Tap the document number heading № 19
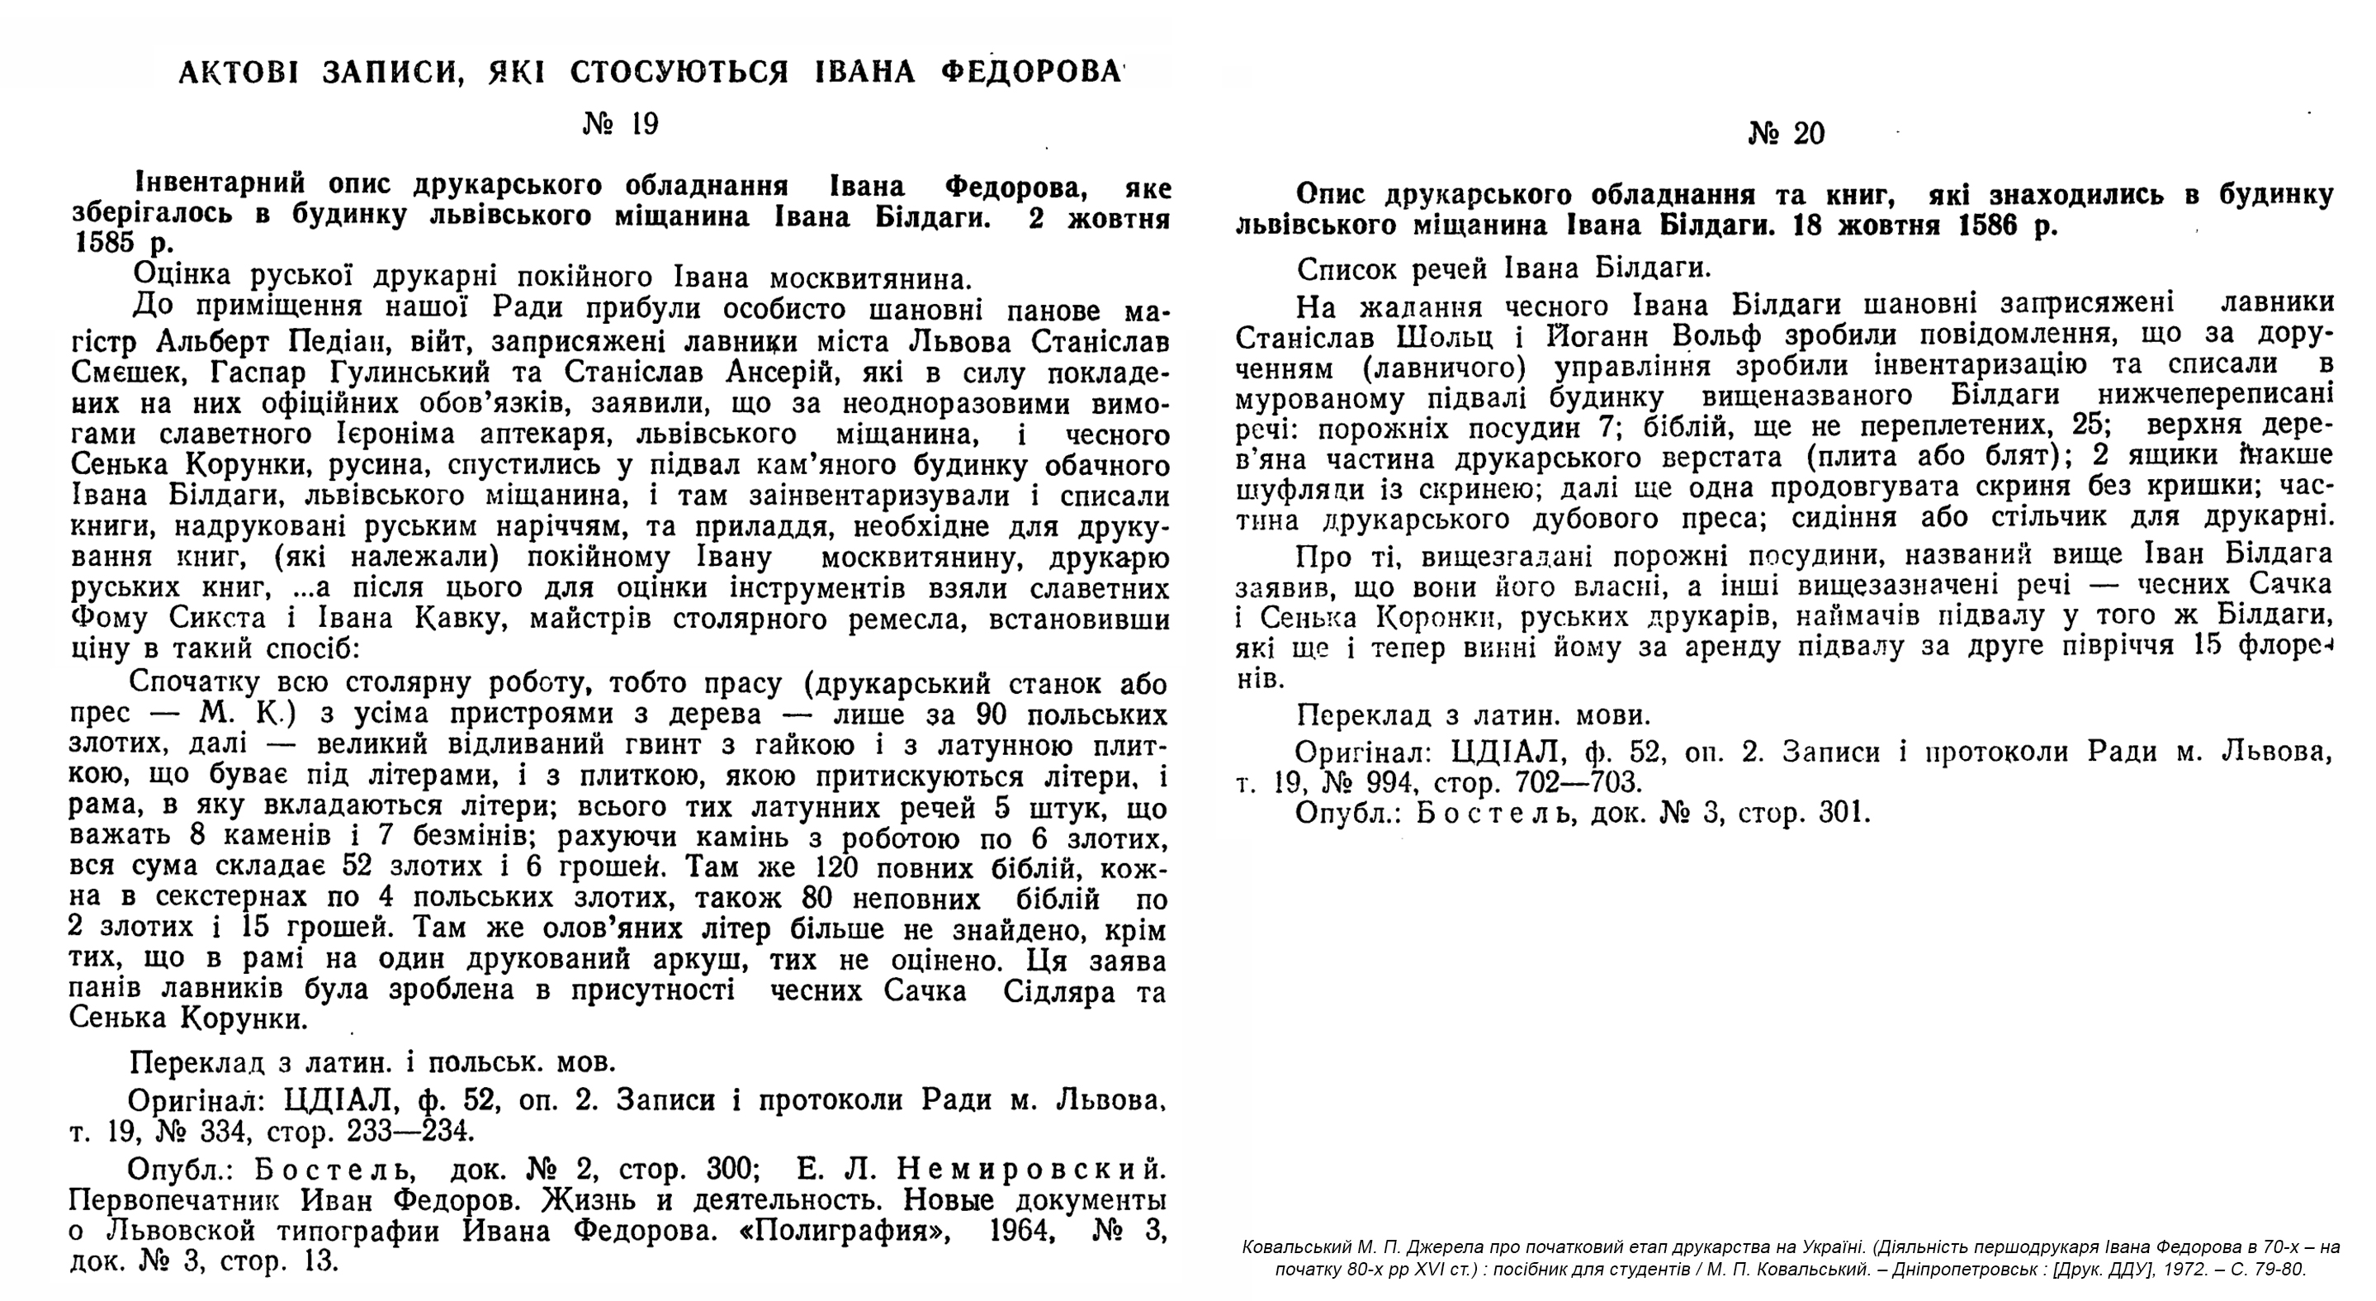pos(621,124)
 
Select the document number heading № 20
pos(1786,134)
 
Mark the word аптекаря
pos(591,434)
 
